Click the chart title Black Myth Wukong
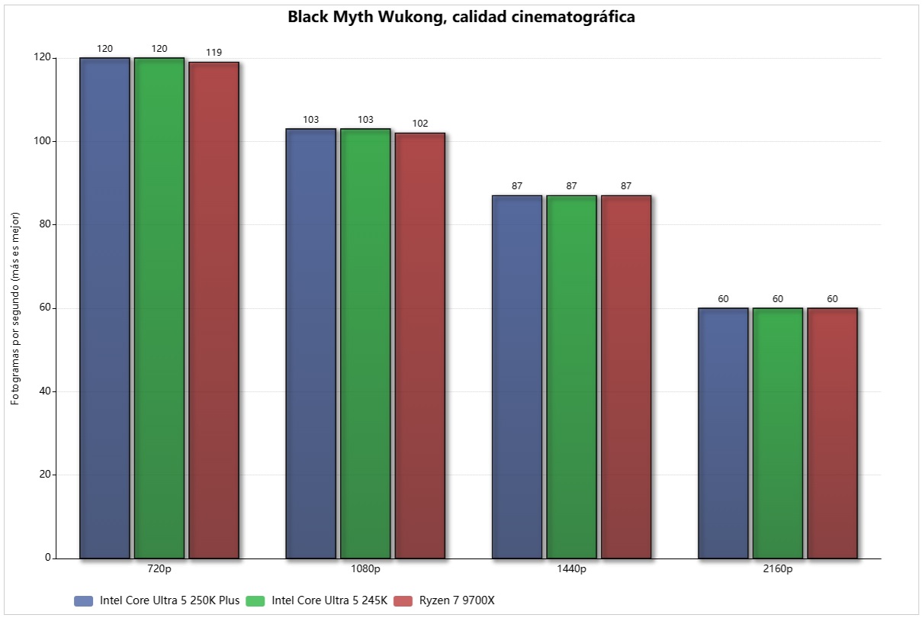(461, 17)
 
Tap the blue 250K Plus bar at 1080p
(310, 343)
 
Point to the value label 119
(214, 53)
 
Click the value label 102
(419, 124)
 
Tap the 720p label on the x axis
(159, 569)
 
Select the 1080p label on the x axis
(365, 569)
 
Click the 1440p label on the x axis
(571, 569)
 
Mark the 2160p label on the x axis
(778, 569)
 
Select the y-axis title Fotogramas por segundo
(16, 309)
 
